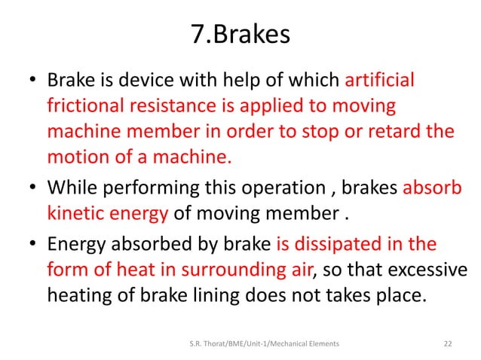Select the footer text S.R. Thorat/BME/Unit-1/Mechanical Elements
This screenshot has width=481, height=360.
click(263, 343)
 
